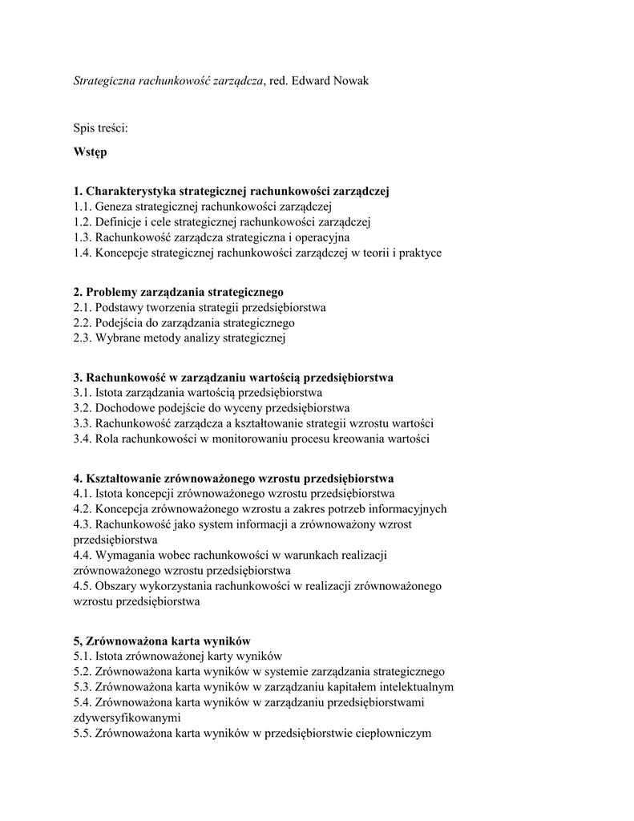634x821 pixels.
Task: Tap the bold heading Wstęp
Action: (90, 151)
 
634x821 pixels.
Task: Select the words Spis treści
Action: (100, 127)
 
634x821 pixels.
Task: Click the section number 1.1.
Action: (82, 207)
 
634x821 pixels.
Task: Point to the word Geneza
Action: (114, 207)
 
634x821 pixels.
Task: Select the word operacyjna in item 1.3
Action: (322, 237)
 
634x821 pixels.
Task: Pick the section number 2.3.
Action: (82, 338)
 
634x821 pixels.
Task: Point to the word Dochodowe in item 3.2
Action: (124, 408)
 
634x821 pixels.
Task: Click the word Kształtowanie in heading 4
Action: (123, 478)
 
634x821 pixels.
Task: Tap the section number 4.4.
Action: (82, 554)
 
